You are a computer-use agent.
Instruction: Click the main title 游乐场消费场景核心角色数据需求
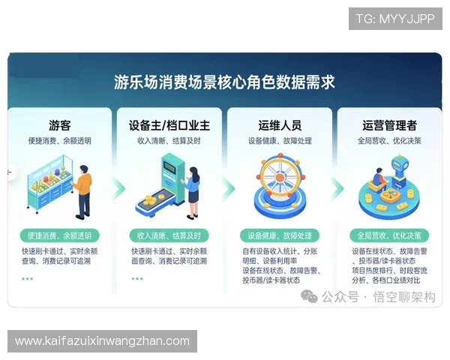point(224,81)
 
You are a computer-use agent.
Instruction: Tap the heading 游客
point(60,125)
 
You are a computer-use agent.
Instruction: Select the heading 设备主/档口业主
point(168,125)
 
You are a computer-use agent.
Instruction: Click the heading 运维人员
point(279,125)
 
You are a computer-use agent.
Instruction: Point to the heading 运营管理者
point(390,125)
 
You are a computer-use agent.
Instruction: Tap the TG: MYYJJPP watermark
point(395,19)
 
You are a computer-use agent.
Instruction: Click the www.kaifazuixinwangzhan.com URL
point(102,341)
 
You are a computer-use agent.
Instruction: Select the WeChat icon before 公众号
point(308,297)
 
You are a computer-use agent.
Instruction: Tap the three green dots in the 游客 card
point(27,278)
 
